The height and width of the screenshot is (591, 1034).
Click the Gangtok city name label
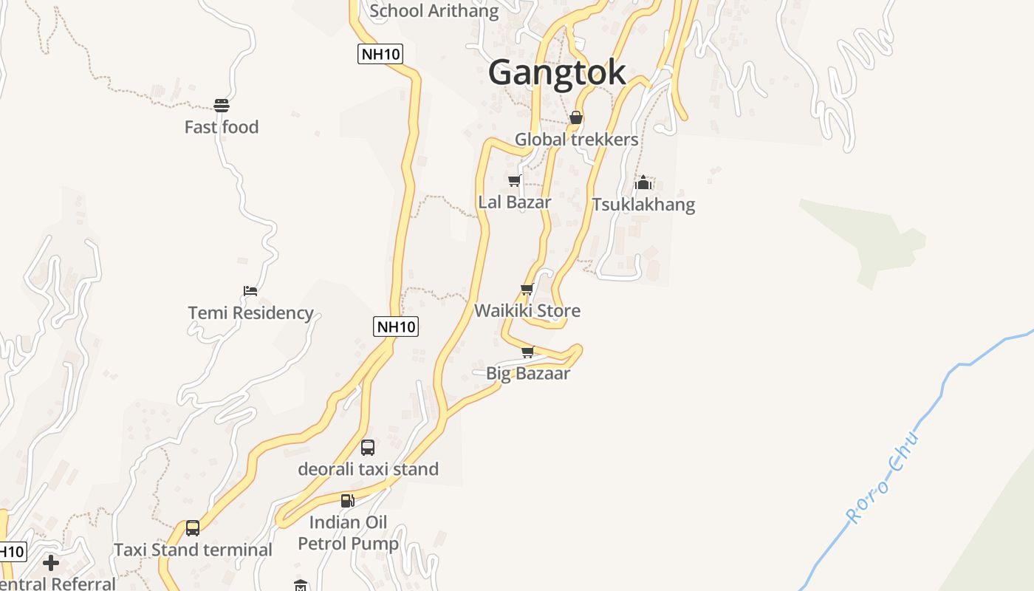557,72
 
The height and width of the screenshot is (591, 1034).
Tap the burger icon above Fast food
221,105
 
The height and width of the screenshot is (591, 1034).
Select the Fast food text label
221,127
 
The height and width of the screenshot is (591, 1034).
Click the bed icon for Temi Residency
250,290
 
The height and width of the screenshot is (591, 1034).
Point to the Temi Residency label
250,312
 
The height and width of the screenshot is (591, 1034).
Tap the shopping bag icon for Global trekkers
576,117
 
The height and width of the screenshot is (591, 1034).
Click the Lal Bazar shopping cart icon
515,180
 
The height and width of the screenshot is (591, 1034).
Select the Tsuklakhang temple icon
643,182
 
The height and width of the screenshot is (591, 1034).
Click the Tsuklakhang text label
643,204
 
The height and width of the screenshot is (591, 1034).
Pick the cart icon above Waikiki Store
527,289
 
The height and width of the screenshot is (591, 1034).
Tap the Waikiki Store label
527,310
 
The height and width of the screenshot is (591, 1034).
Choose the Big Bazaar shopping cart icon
527,352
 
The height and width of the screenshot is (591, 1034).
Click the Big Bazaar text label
527,373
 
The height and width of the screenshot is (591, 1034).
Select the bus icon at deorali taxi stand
368,447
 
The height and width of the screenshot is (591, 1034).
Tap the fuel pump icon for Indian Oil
347,500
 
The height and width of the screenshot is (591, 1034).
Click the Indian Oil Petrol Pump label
348,533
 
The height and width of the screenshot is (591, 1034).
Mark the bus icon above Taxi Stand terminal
193,528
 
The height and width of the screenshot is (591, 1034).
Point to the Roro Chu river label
884,478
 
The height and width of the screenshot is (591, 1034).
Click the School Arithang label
434,10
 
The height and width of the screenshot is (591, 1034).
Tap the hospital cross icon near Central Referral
51,564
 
